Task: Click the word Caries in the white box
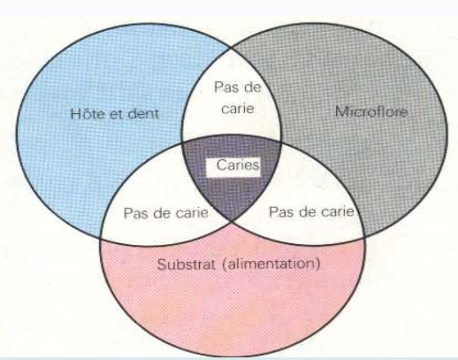[x=238, y=165]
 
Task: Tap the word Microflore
[x=371, y=112]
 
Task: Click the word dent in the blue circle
[x=143, y=113]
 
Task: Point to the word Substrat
[x=187, y=264]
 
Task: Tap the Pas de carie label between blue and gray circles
[x=238, y=98]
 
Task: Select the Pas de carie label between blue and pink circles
[x=166, y=212]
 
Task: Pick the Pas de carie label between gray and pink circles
[x=311, y=211]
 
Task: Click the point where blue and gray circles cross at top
[x=231, y=48]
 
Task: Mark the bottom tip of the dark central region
[x=232, y=221]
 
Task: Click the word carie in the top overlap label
[x=238, y=109]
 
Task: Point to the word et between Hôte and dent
[x=115, y=114]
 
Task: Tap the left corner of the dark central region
[x=182, y=143]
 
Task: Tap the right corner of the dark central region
[x=281, y=143]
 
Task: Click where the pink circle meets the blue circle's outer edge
[x=101, y=238]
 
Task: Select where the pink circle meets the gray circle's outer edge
[x=364, y=237]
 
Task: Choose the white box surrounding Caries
[x=233, y=167]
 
